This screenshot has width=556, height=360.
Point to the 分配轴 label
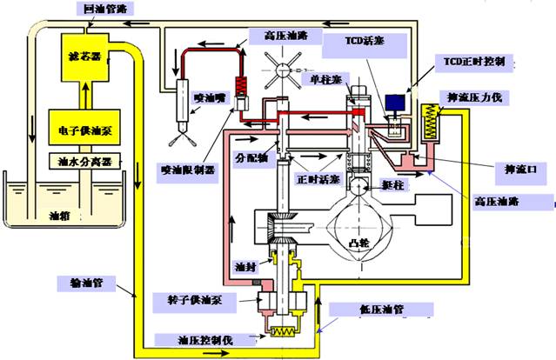tap(253, 160)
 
